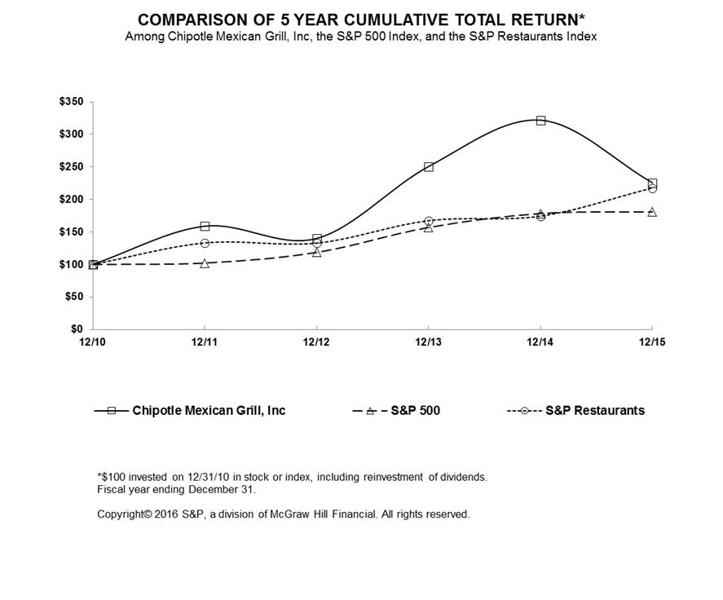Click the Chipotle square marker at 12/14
pos(540,121)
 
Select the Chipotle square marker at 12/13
pos(429,167)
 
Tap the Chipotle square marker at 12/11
pos(205,226)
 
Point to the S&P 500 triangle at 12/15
pos(652,212)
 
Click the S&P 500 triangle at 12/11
pos(205,263)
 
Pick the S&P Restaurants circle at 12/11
pos(205,243)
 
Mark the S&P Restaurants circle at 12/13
pos(429,221)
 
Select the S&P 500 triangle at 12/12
pos(317,253)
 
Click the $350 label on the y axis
pos(72,102)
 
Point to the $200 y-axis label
pos(72,200)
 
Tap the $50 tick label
pos(75,298)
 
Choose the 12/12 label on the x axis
pos(317,342)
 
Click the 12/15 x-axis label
pos(651,342)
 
